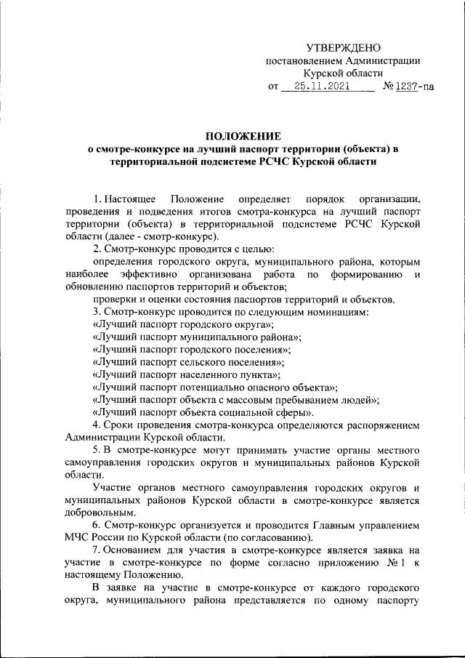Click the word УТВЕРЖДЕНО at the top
(343, 47)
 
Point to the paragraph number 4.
(97, 425)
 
